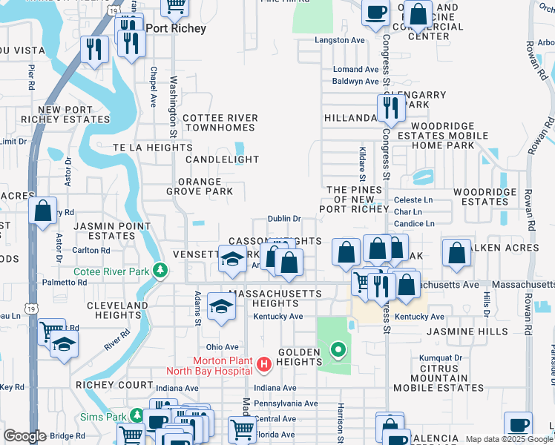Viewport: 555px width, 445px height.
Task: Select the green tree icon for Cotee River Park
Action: coord(159,269)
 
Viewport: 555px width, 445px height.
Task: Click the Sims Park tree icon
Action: coord(136,416)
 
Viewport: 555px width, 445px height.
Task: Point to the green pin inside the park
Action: coord(338,349)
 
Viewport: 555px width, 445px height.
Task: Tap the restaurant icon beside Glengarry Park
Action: coord(389,109)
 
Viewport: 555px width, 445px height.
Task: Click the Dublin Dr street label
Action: coord(284,219)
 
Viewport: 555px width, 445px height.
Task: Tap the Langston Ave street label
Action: coord(341,40)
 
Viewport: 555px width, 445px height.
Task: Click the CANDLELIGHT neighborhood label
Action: coord(223,159)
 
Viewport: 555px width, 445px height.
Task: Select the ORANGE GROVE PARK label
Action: coord(199,187)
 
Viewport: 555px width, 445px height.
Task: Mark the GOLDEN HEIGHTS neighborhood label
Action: coord(299,357)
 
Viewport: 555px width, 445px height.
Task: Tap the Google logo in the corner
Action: coord(24,436)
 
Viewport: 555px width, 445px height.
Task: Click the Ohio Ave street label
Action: coord(222,347)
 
